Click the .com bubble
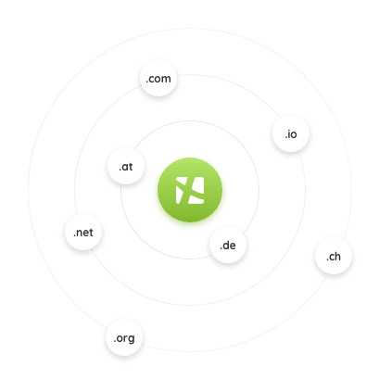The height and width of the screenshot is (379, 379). click(158, 78)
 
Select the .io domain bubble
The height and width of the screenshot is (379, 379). click(291, 133)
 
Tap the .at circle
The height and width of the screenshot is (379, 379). click(126, 166)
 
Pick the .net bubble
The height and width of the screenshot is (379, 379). click(83, 232)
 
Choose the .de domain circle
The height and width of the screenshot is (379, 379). click(228, 245)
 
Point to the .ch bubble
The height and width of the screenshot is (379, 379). click(334, 256)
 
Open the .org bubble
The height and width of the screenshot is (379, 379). click(124, 337)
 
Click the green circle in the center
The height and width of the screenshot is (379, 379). click(190, 190)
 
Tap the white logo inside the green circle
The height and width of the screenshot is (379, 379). click(190, 190)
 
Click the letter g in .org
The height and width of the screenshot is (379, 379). click(131, 339)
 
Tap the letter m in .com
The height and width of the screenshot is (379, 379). click(166, 79)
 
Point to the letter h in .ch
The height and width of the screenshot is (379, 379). click(337, 256)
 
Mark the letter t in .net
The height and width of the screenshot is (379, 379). click(91, 233)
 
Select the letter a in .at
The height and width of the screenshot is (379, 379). click(125, 167)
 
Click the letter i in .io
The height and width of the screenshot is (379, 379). click(287, 133)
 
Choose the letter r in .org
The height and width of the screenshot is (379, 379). click(125, 338)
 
